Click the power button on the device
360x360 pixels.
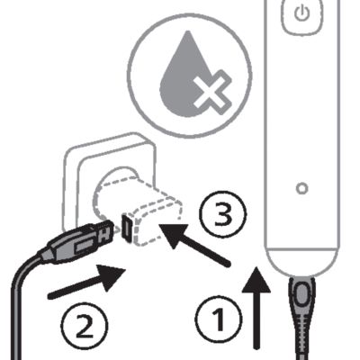pos(301,15)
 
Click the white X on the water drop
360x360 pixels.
pos(212,93)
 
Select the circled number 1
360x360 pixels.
pos(219,319)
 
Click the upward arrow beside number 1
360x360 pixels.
pos(256,308)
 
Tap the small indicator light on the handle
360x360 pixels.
pos(301,188)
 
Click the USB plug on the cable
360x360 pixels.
pos(78,241)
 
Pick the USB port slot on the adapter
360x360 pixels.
pos(127,227)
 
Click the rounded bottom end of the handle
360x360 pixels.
pos(301,262)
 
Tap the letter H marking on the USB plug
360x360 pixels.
pos(103,235)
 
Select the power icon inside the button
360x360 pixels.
pos(301,13)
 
